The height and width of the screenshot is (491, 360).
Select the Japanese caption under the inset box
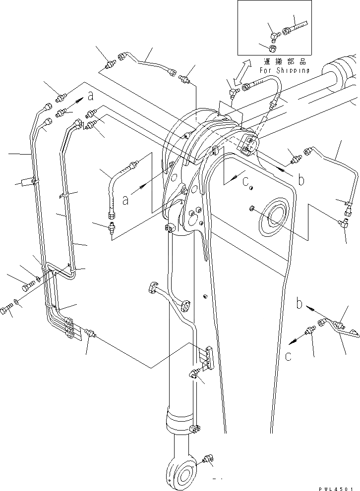point(286,61)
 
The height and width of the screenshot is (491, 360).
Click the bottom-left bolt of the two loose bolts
point(6,310)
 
